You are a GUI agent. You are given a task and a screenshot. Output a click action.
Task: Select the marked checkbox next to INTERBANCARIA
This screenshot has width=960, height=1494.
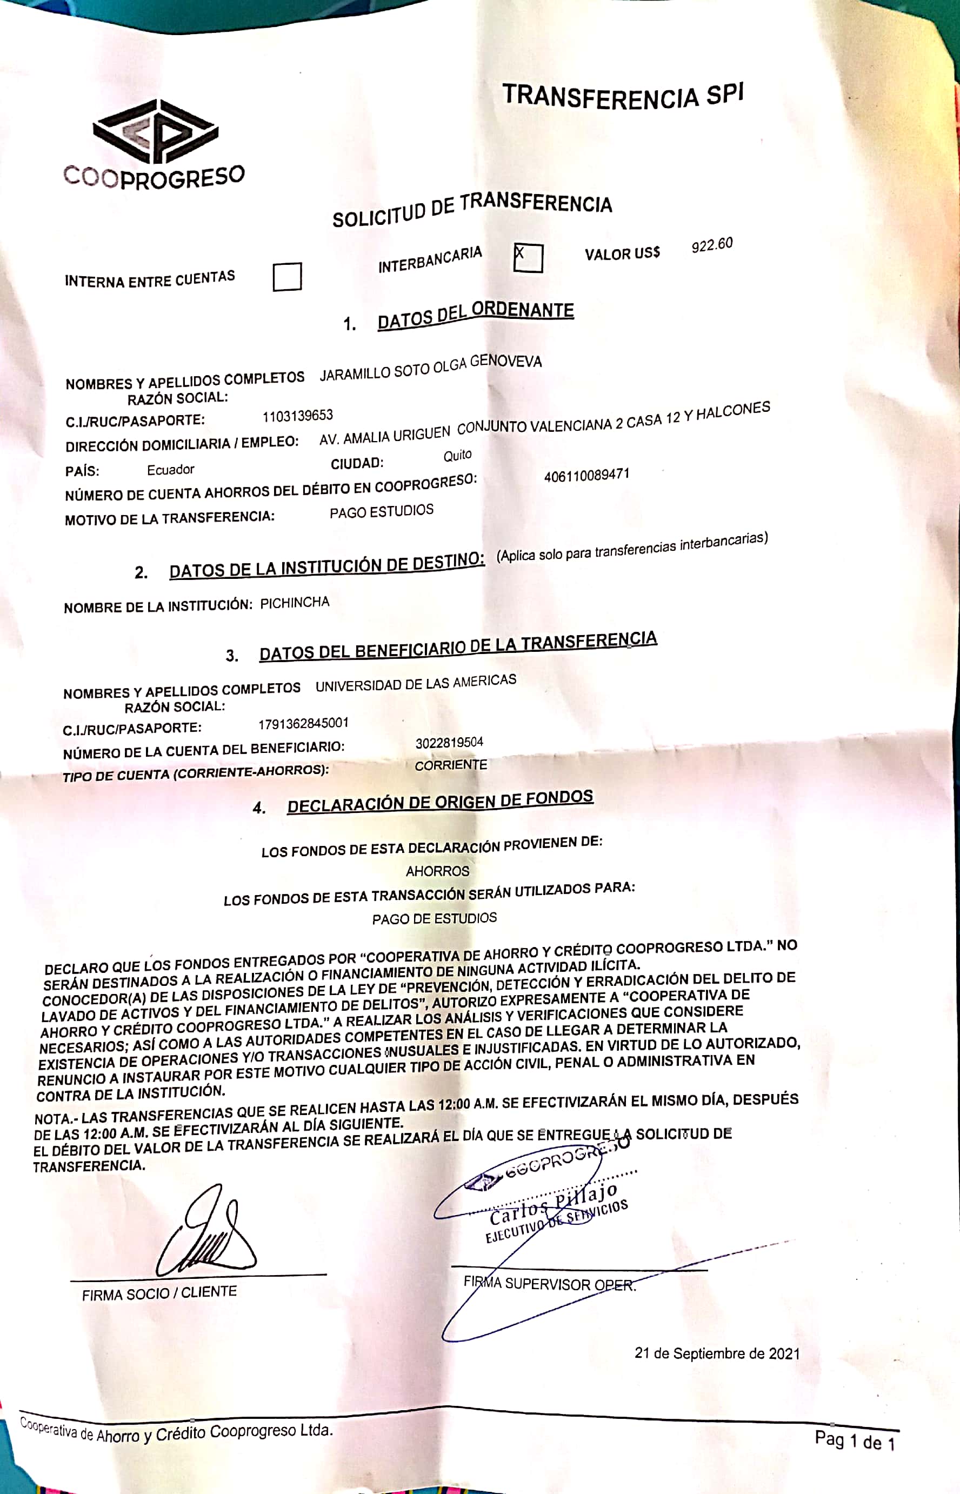(528, 257)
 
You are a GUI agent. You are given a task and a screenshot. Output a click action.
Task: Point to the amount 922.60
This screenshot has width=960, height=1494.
(711, 245)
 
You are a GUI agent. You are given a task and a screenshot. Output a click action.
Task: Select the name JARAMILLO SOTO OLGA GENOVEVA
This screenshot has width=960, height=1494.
(430, 368)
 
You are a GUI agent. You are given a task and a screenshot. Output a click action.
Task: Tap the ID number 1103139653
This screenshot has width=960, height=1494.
(297, 416)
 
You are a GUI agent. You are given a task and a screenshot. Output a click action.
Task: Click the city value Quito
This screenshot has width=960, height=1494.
(457, 456)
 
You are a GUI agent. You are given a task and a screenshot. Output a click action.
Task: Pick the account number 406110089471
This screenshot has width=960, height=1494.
(586, 475)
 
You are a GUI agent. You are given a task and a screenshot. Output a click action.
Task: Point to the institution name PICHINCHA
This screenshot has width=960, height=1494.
(294, 603)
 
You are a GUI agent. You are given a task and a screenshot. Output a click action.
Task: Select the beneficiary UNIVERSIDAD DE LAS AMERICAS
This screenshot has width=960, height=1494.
(415, 683)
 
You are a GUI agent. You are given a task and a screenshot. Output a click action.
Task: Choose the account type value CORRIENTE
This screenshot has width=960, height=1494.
(451, 765)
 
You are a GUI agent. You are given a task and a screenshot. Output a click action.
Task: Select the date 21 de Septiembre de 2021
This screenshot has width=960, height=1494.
(716, 1353)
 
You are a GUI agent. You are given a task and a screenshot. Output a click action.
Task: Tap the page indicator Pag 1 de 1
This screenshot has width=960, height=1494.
(854, 1440)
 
